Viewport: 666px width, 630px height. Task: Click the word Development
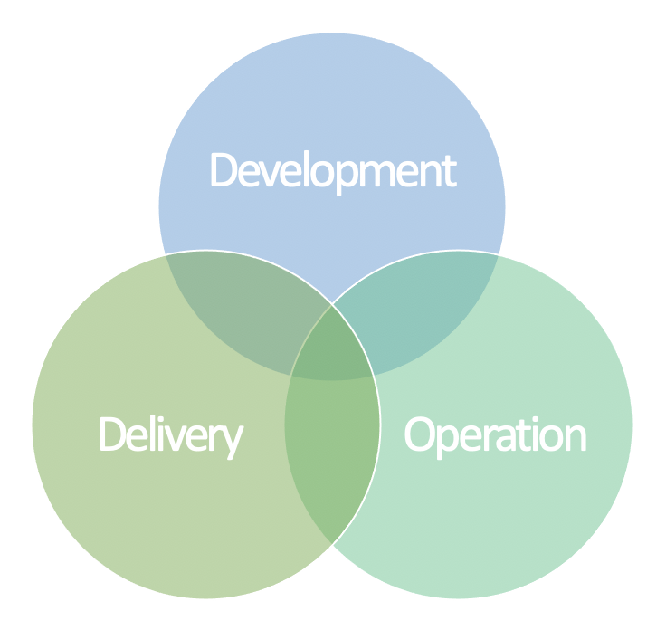334,172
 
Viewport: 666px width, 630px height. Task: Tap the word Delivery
172,436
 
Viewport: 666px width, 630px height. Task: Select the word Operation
495,436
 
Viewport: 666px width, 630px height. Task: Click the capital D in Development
224,169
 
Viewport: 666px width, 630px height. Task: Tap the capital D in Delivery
112,434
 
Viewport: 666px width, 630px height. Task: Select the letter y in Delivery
233,443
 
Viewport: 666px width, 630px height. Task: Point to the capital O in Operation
420,434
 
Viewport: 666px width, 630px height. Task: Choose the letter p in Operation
447,442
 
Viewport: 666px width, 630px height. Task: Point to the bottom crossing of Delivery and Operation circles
332,544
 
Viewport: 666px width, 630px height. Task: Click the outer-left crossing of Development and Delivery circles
166,255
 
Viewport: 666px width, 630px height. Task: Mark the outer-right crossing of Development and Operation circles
499,255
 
